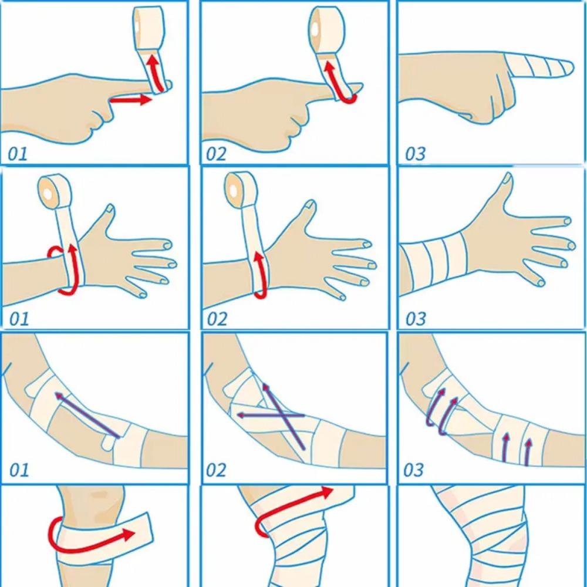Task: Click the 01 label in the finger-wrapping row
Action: coord(18,154)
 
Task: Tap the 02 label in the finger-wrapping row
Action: coord(215,154)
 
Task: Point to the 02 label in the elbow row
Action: coord(215,470)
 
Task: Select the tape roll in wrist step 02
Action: coord(240,191)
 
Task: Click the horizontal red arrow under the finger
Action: coord(130,100)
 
